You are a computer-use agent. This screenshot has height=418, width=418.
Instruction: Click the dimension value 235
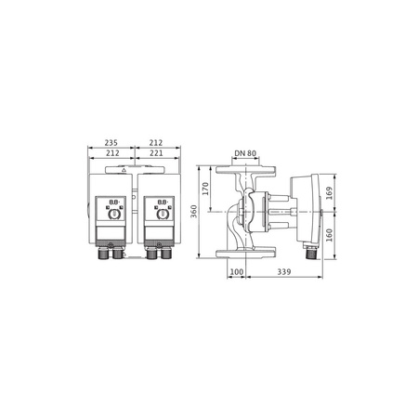(112, 144)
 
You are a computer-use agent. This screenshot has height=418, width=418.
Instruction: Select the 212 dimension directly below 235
(112, 152)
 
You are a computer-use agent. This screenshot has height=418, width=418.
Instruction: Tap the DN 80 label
(245, 152)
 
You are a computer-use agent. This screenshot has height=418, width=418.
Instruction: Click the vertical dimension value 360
(194, 211)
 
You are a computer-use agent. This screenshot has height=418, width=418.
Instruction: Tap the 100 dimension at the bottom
(237, 272)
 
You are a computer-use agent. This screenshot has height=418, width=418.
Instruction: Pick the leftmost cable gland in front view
(102, 252)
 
